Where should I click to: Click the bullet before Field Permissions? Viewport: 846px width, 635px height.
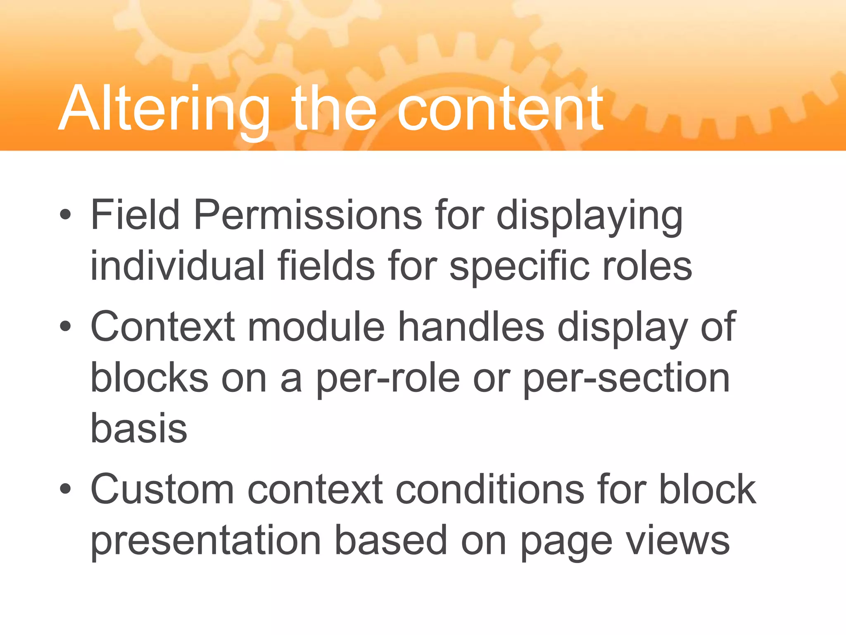coord(65,215)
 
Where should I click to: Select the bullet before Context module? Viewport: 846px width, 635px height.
coord(65,327)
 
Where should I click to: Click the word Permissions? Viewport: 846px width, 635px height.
coord(307,215)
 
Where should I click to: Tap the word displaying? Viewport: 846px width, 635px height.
coord(589,217)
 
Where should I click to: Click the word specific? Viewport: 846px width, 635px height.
coord(518,267)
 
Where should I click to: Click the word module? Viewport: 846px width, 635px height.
coord(316,327)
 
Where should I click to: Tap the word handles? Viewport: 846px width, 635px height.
coord(471,327)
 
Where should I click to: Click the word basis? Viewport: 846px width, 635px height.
coord(139,428)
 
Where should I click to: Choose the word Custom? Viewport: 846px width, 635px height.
coord(162,490)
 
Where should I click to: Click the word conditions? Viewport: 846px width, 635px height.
coord(490,490)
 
